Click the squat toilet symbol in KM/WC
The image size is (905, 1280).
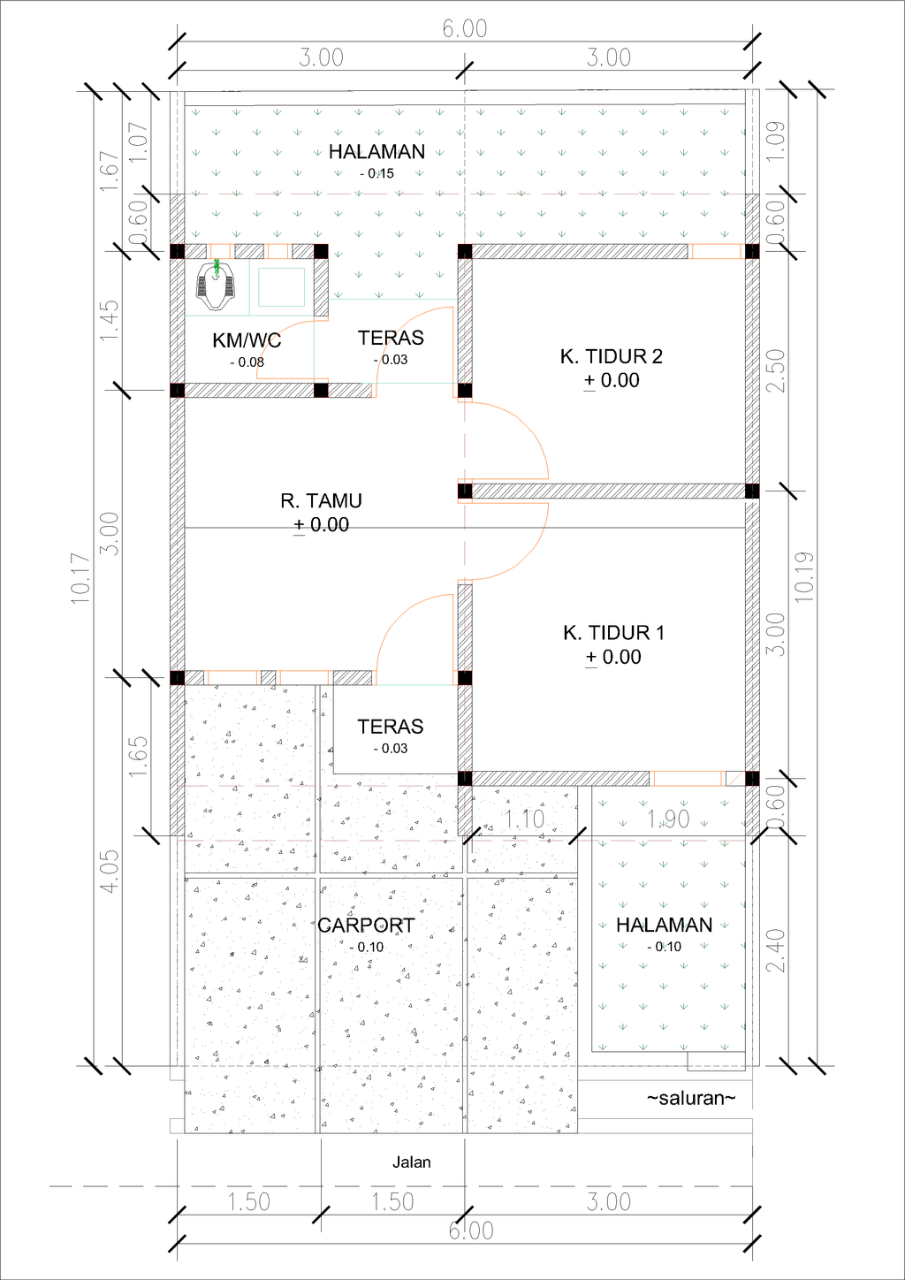(x=216, y=286)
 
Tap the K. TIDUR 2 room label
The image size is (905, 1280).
(x=611, y=357)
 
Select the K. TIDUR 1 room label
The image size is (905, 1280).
(x=613, y=633)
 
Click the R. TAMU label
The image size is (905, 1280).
(x=321, y=501)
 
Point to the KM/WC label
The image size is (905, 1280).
(x=247, y=340)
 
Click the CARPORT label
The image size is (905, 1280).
(x=366, y=926)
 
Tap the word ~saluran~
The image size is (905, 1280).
(x=690, y=1098)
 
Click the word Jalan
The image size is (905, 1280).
(x=412, y=1162)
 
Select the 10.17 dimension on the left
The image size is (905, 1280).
(x=80, y=578)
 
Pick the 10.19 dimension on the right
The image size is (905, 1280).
(x=803, y=577)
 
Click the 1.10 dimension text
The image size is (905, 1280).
(x=525, y=819)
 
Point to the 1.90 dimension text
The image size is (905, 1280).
(x=668, y=819)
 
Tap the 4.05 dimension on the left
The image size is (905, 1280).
(x=109, y=872)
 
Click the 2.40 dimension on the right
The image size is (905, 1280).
(x=775, y=950)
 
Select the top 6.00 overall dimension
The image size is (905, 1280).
(x=465, y=29)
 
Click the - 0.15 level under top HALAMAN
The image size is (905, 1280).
(x=376, y=174)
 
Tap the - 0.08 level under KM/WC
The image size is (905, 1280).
(x=247, y=362)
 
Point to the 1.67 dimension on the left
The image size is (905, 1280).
(x=109, y=171)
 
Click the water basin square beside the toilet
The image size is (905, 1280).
(x=281, y=287)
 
